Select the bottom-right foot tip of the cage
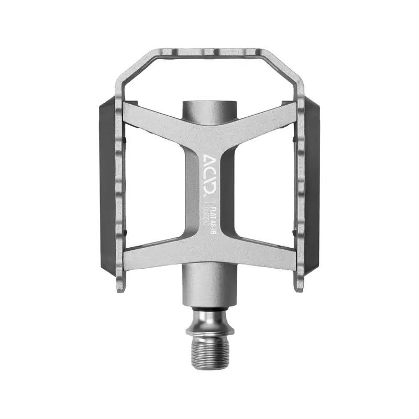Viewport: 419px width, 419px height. pyautogui.click(x=297, y=285)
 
